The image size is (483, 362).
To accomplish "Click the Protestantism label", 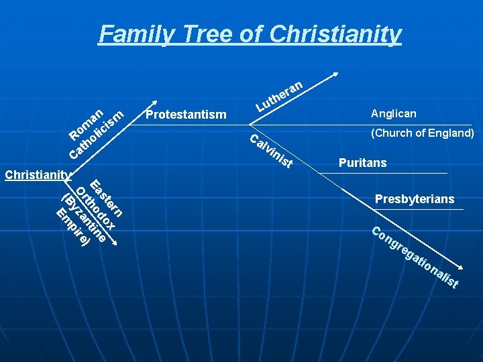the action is [186, 115].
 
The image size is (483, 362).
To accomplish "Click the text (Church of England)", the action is [423, 133].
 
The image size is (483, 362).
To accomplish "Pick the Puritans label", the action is [362, 163].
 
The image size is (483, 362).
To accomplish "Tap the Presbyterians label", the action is [415, 199].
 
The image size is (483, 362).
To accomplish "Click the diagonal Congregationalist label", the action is [415, 259].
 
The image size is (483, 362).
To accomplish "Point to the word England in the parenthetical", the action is [450, 133].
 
